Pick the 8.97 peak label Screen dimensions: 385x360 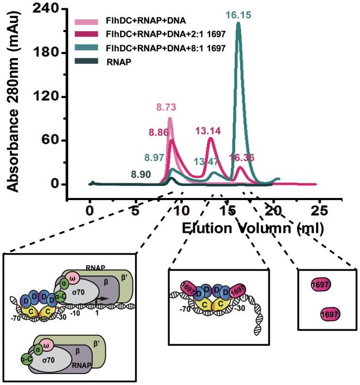155,158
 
